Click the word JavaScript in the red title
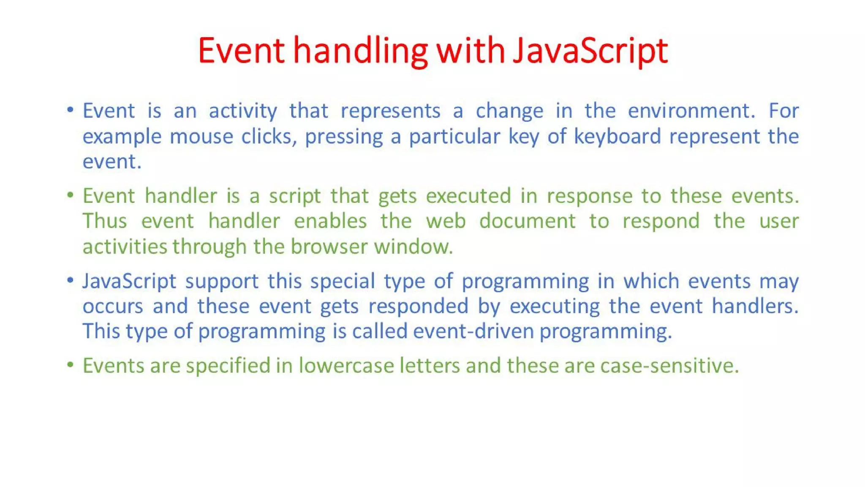pyautogui.click(x=590, y=51)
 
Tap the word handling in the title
pyautogui.click(x=361, y=51)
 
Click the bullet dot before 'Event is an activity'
pyautogui.click(x=71, y=110)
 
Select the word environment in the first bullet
pyautogui.click(x=691, y=111)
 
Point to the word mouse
pyautogui.click(x=201, y=137)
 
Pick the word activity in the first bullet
pyautogui.click(x=243, y=112)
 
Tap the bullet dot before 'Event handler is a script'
pyautogui.click(x=71, y=195)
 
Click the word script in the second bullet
pyautogui.click(x=295, y=197)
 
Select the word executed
pyautogui.click(x=468, y=196)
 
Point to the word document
pyautogui.click(x=527, y=221)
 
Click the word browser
pyautogui.click(x=329, y=246)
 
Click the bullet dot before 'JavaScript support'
pyautogui.click(x=71, y=280)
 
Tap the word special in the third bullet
pyautogui.click(x=343, y=281)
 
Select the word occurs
pyautogui.click(x=113, y=306)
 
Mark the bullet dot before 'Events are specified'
pyautogui.click(x=71, y=364)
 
